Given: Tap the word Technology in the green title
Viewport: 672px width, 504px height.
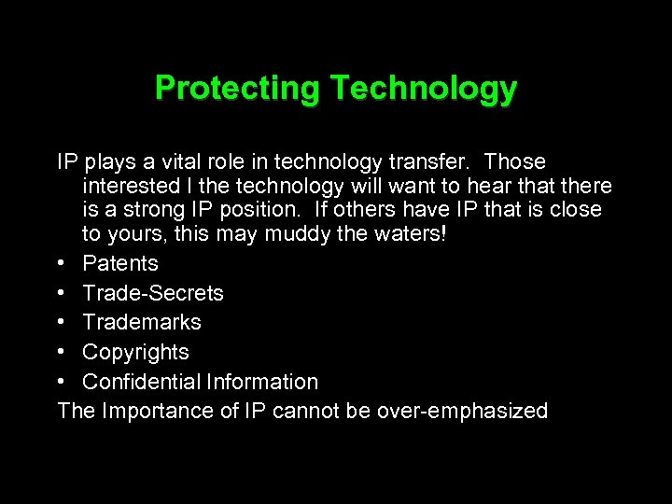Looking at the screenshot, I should [423, 88].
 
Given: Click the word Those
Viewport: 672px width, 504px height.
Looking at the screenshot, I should [515, 162].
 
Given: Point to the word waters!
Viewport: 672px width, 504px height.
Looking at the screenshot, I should [409, 232].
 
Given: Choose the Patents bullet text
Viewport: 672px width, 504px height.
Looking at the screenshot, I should [120, 263].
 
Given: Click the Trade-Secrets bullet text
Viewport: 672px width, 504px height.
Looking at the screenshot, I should [153, 293].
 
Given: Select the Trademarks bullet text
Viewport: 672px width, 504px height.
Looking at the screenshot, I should [142, 322].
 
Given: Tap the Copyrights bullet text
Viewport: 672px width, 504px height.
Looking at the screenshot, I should [135, 352].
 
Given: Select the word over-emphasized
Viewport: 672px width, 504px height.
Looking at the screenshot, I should [462, 411].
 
